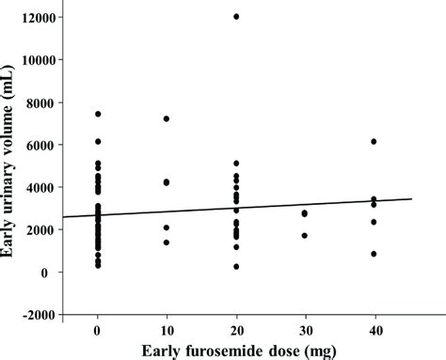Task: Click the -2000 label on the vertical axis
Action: pyautogui.click(x=40, y=315)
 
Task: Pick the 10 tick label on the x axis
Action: pyautogui.click(x=167, y=331)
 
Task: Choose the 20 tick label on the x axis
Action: pyautogui.click(x=236, y=331)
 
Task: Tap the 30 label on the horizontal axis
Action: pyautogui.click(x=305, y=331)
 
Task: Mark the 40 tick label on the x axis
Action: pyautogui.click(x=374, y=331)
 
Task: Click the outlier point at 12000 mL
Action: pyautogui.click(x=236, y=17)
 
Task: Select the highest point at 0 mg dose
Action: pyautogui.click(x=98, y=114)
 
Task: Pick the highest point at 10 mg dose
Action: pyautogui.click(x=167, y=118)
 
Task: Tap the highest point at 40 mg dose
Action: pyautogui.click(x=374, y=141)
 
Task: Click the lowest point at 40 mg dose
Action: pyautogui.click(x=374, y=254)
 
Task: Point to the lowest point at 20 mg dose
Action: pyautogui.click(x=236, y=267)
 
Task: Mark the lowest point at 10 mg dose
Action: pyautogui.click(x=167, y=243)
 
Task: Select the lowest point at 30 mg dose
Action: pyautogui.click(x=305, y=235)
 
